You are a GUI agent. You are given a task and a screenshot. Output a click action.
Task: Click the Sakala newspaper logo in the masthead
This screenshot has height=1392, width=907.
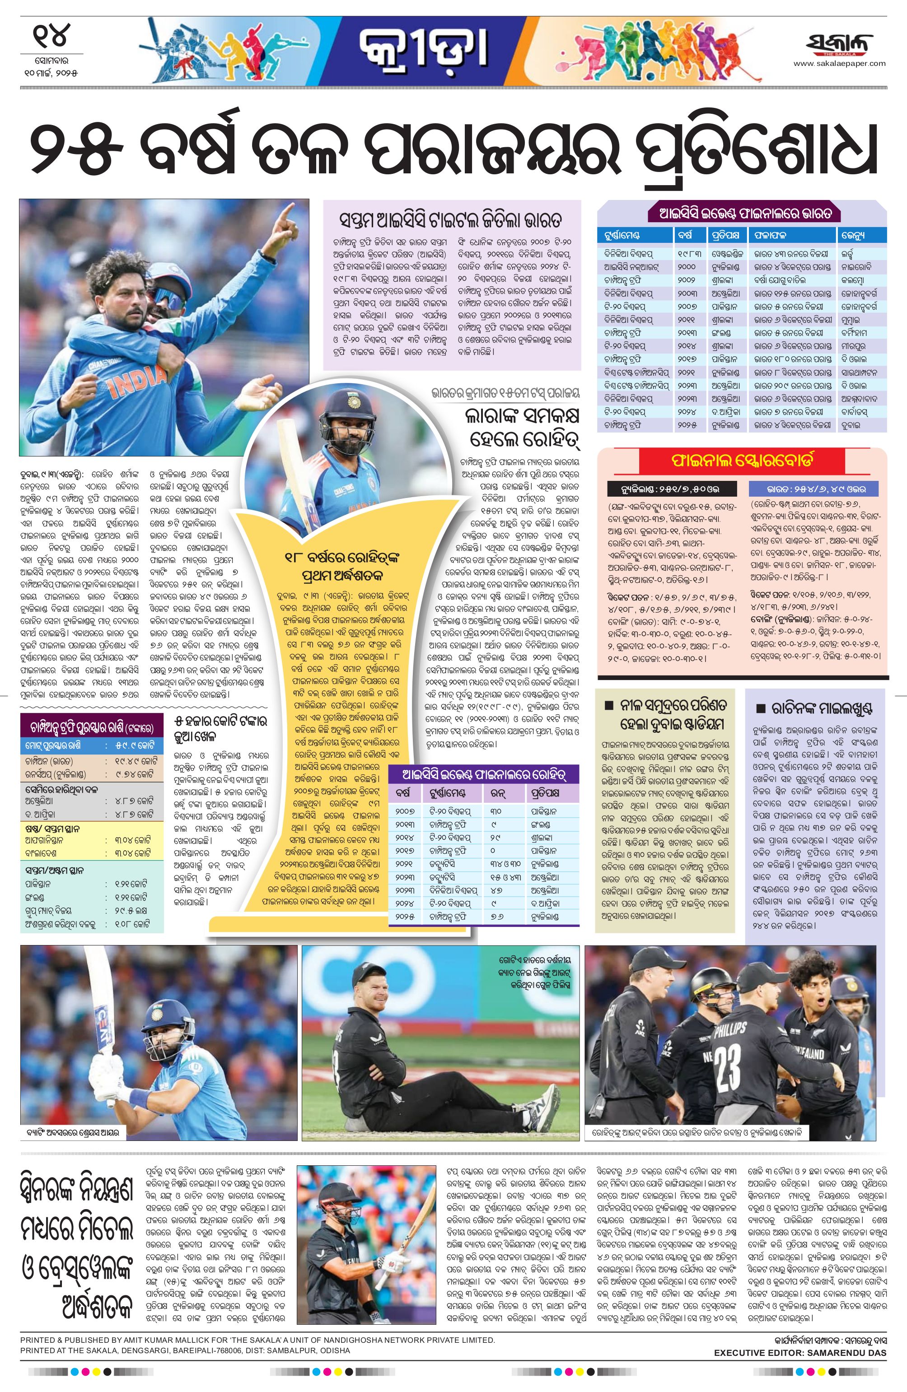[838, 44]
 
